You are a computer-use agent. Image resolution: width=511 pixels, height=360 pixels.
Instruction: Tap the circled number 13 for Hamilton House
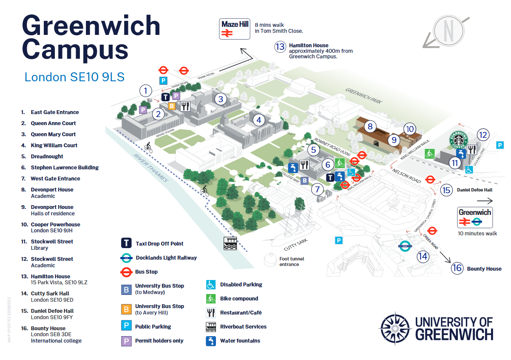click(280, 46)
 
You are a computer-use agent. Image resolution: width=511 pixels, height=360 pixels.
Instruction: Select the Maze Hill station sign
click(235, 29)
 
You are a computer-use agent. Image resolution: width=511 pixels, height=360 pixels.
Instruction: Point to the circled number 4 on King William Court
click(258, 120)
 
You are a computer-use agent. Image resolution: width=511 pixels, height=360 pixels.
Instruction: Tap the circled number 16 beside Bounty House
click(457, 268)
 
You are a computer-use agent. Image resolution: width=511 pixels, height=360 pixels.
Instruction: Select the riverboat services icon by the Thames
click(230, 243)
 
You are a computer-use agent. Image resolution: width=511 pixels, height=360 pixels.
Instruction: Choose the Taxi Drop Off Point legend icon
click(127, 243)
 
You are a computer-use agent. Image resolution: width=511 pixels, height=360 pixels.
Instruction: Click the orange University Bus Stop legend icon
click(127, 309)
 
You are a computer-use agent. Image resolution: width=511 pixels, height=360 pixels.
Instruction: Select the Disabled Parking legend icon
click(211, 285)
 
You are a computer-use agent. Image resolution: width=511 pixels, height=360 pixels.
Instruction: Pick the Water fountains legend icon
click(211, 341)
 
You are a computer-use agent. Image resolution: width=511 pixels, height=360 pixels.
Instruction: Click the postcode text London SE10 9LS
click(74, 77)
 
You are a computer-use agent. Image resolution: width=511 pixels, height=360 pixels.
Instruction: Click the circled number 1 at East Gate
click(146, 91)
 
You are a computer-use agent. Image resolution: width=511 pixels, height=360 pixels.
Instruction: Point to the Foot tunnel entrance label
click(292, 261)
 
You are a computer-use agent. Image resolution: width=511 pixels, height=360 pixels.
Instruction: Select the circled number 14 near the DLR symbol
click(423, 256)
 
